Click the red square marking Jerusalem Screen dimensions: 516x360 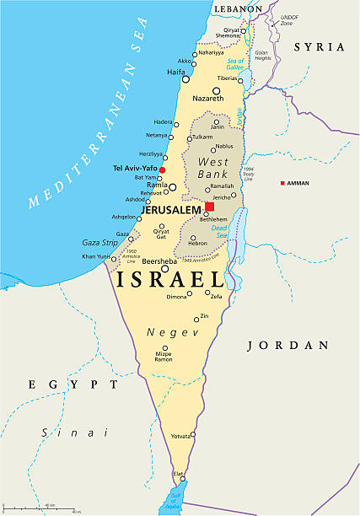point(209,207)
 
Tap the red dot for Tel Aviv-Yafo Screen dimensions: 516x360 point(163,169)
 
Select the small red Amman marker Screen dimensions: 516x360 point(283,183)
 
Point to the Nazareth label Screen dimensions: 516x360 point(208,99)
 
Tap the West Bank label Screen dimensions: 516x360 point(213,167)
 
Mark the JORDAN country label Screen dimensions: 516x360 point(287,345)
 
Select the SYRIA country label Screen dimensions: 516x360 point(319,47)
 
